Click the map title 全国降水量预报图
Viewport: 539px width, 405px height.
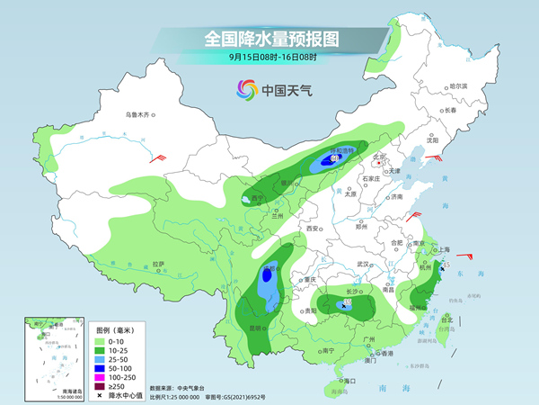(269, 39)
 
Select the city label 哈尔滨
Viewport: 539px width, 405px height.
(458, 85)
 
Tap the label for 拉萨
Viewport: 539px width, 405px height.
(158, 264)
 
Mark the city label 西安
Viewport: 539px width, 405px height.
(313, 229)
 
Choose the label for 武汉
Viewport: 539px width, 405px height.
(363, 264)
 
